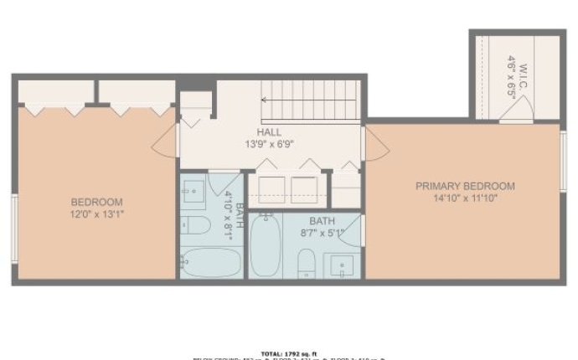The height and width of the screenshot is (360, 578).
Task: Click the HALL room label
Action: pos(269,132)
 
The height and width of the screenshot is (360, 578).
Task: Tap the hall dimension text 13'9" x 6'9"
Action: pos(269,144)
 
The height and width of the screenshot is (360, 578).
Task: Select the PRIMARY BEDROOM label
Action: pos(465,186)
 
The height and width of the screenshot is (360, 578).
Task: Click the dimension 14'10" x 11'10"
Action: pos(465,198)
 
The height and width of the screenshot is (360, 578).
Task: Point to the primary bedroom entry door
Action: pos(377,144)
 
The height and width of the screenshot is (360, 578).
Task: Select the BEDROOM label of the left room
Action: pos(96,202)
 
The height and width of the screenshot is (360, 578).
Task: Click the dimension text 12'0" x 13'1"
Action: pos(96,214)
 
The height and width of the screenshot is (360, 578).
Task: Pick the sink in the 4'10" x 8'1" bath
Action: pos(194,191)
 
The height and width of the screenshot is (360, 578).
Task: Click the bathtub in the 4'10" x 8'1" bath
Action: pos(209,262)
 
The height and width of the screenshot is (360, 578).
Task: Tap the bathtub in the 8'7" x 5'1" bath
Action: pos(265,245)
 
